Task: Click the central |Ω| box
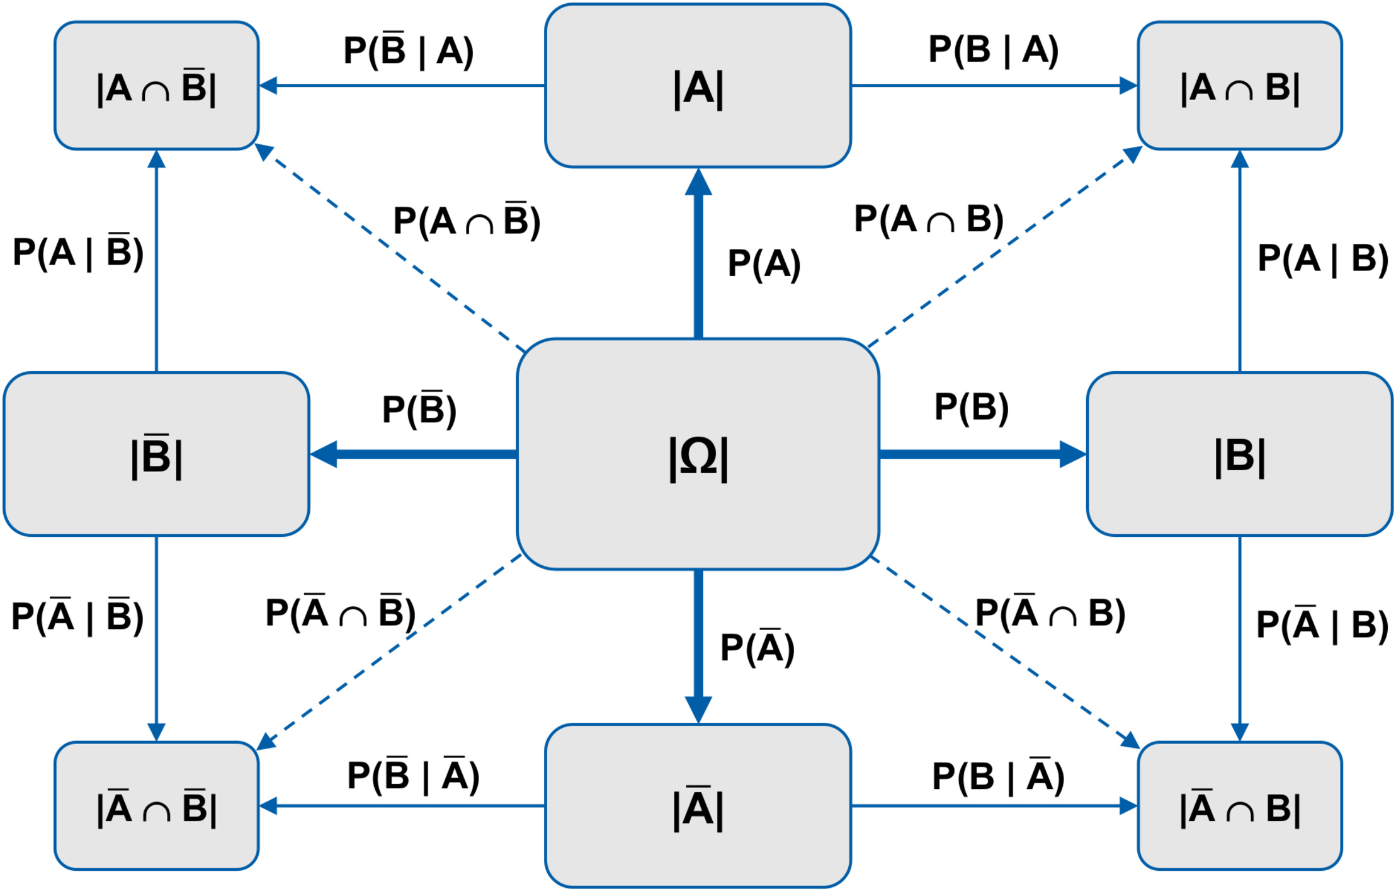[x=698, y=454]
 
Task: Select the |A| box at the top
[x=698, y=86]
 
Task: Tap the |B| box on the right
[x=1239, y=454]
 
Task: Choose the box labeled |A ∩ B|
[x=1239, y=86]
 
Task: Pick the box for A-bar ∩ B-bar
[x=156, y=806]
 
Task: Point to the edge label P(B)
[x=971, y=407]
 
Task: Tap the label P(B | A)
[x=994, y=50]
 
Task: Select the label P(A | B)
[x=1322, y=258]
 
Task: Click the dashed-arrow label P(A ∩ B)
[x=928, y=220]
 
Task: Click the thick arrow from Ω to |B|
[x=982, y=454]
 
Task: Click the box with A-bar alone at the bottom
[x=698, y=806]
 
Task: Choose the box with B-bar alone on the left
[x=156, y=454]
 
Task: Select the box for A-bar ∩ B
[x=1239, y=806]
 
